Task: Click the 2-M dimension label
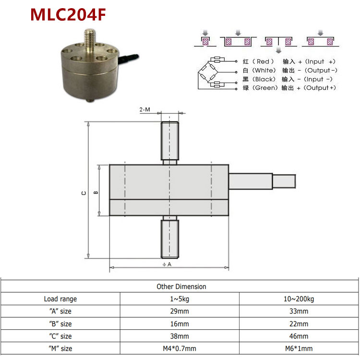144,110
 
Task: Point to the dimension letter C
84,193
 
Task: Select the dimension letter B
96,193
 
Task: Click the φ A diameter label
167,264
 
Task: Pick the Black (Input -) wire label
288,79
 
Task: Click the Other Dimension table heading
181,287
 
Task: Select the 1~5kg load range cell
180,299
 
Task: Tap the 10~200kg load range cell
299,299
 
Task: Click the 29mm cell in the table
180,312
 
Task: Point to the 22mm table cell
299,324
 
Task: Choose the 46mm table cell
299,336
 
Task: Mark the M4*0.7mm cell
180,349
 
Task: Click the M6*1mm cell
299,349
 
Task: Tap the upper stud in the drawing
170,141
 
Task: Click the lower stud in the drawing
170,238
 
